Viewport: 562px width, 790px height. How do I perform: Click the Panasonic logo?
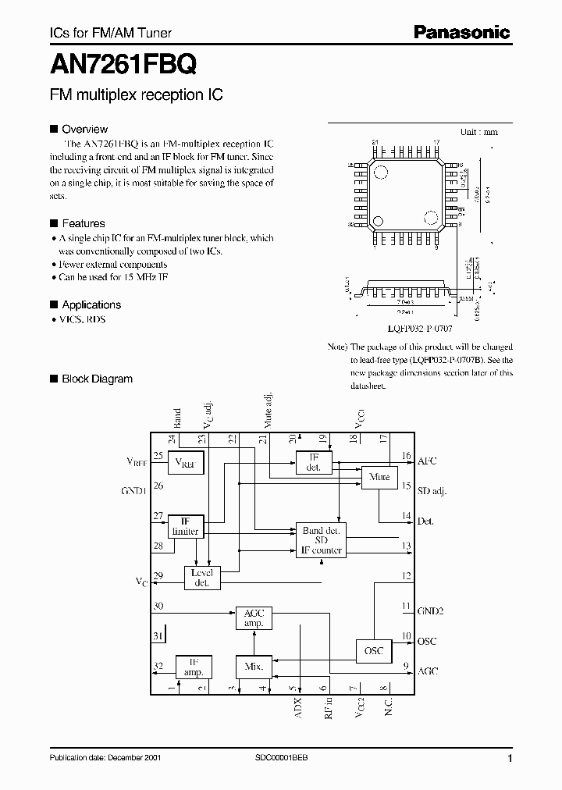[x=461, y=32]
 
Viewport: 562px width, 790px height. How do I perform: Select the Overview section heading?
[x=84, y=129]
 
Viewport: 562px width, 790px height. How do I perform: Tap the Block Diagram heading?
[x=97, y=379]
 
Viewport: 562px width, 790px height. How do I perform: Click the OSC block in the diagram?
[x=374, y=650]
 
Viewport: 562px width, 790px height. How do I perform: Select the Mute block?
[x=379, y=477]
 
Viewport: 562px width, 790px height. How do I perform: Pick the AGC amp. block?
[x=254, y=618]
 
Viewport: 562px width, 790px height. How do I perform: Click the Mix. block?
[x=254, y=667]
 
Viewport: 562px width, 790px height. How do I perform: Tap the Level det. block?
[x=201, y=578]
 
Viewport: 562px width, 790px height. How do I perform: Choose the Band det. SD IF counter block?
[x=321, y=540]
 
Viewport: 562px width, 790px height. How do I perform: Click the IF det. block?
[x=314, y=462]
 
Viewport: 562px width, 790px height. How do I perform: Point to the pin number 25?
[x=158, y=456]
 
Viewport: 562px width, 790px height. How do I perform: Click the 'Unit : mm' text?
[x=478, y=132]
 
